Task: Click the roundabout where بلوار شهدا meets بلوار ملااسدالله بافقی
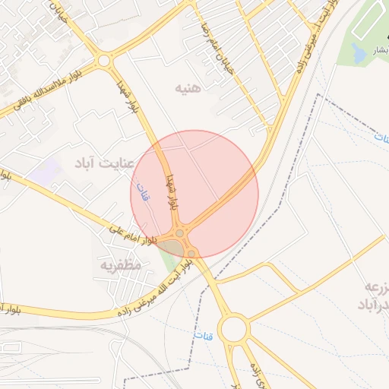[104, 60]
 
